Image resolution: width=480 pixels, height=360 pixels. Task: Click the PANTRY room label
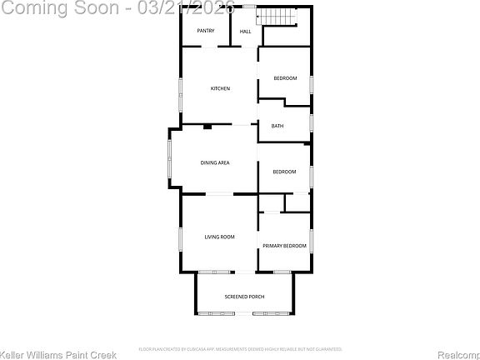206,31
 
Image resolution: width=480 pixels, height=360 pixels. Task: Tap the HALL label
246,32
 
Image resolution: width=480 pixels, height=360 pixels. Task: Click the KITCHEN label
220,88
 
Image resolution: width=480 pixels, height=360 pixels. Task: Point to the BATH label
277,126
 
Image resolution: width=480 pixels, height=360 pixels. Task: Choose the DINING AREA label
215,162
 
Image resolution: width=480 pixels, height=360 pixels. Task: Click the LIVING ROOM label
220,237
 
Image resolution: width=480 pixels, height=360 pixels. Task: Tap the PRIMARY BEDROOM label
284,246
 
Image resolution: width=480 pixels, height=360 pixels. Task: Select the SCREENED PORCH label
245,297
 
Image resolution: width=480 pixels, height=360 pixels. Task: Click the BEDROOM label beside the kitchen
286,78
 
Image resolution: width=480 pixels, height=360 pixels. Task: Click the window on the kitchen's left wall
181,93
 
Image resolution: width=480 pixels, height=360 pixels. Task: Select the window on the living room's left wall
181,237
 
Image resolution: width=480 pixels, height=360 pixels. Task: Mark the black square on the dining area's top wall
207,126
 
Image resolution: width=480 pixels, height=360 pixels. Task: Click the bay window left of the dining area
170,162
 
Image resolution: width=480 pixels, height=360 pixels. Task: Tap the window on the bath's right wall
311,122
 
